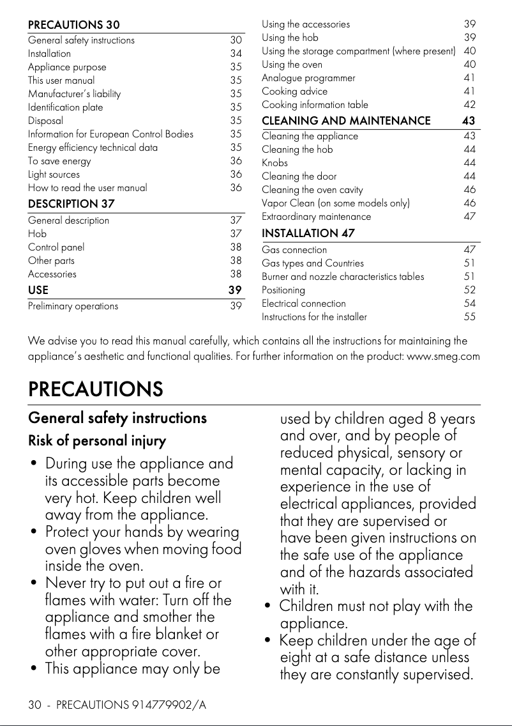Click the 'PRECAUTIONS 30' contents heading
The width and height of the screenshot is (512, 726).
coord(73,25)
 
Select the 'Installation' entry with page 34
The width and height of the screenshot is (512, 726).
coord(49,54)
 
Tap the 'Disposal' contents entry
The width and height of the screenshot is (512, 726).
coord(45,120)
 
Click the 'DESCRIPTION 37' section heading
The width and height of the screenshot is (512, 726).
coord(71,204)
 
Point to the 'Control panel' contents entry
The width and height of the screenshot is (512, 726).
coord(56,247)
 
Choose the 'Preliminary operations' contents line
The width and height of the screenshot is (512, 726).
coord(73,306)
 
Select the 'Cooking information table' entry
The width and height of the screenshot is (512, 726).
coord(315,105)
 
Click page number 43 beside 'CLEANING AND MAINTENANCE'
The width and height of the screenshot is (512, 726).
coord(469,121)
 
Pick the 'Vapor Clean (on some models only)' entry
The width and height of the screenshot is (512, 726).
coord(336,203)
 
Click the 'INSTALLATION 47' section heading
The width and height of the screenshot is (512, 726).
coord(308,233)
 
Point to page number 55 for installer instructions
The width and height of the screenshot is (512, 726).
coord(469,317)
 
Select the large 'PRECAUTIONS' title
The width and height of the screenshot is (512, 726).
coord(95,389)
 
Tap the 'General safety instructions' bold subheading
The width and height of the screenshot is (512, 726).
coord(117,418)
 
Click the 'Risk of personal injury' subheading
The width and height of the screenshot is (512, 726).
coord(97,441)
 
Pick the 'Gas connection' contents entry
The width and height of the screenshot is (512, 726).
coord(294,250)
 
